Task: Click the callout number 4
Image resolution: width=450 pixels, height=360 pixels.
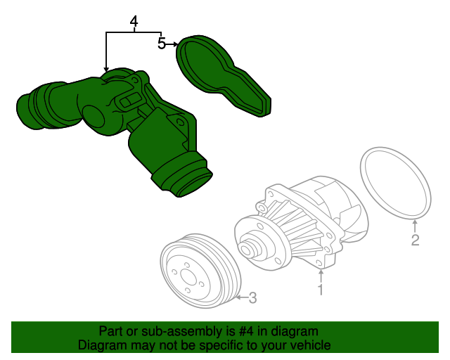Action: [x=134, y=22]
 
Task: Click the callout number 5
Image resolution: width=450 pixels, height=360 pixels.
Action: [x=162, y=43]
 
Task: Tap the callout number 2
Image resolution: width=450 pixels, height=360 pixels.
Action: [x=416, y=240]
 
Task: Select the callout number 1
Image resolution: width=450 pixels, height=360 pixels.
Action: [x=321, y=290]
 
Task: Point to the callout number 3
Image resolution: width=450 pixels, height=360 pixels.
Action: [x=252, y=297]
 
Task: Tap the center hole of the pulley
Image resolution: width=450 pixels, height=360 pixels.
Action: [x=188, y=278]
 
